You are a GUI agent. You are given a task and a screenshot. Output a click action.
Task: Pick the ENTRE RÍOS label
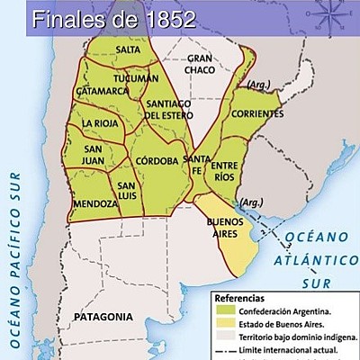225,171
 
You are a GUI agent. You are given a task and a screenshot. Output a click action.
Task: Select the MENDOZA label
95,204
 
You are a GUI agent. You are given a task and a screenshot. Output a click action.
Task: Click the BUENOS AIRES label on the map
226,227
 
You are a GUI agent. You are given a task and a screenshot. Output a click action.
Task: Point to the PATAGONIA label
103,317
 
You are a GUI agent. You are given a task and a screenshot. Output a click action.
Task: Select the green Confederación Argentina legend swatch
223,312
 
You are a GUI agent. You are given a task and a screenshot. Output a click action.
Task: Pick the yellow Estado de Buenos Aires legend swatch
223,325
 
